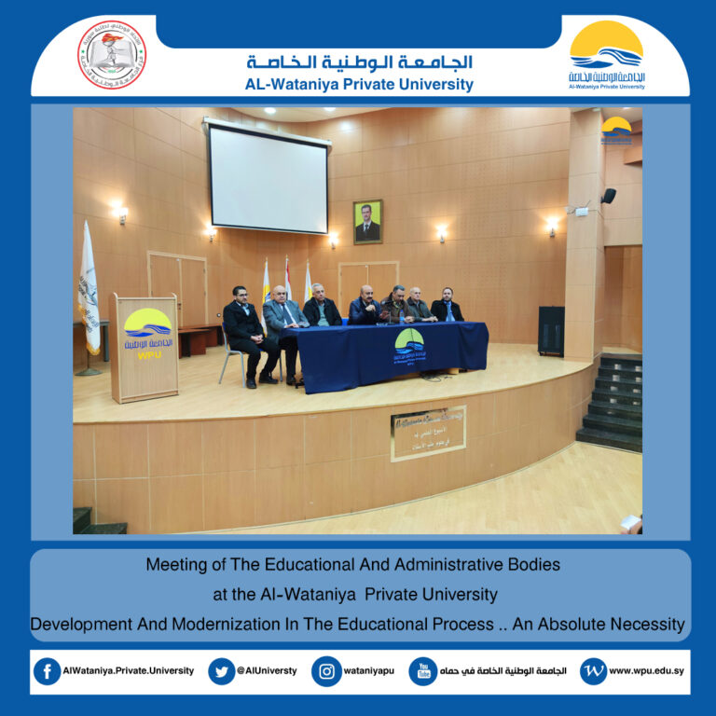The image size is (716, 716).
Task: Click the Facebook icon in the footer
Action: (x=47, y=671)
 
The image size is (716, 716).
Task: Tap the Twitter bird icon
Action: (x=221, y=671)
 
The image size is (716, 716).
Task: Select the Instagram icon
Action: (x=325, y=671)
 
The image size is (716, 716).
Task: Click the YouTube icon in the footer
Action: (x=422, y=671)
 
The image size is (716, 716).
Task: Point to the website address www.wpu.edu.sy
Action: (x=648, y=671)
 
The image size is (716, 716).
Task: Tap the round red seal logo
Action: (x=111, y=55)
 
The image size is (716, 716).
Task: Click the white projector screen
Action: (x=268, y=179)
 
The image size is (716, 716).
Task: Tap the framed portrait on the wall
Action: (x=367, y=222)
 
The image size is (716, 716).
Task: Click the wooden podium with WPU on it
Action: (x=144, y=347)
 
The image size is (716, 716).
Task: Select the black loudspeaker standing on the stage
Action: (x=551, y=331)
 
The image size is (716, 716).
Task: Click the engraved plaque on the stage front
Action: (x=428, y=433)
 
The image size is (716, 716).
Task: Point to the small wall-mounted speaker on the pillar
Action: (x=608, y=196)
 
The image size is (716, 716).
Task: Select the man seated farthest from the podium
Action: (x=447, y=306)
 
